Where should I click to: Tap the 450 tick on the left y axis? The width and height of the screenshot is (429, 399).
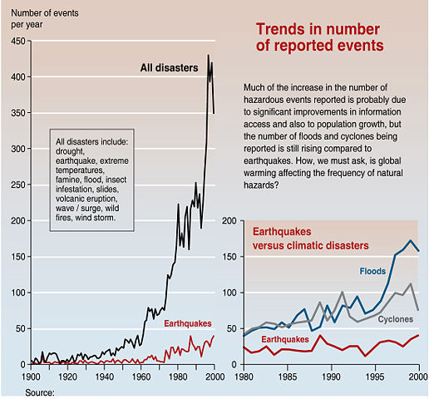16,42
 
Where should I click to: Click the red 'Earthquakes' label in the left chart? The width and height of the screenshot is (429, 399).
188,323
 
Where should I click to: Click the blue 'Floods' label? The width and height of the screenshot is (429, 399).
372,271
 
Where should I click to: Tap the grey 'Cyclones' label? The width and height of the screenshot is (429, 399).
397,318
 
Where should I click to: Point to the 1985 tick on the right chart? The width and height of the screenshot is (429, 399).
287,377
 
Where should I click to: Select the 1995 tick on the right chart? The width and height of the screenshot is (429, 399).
376,377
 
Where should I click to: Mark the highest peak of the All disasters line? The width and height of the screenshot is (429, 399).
208,56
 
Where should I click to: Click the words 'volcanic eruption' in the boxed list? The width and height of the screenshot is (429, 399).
91,199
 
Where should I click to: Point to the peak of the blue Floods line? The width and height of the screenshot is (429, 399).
411,241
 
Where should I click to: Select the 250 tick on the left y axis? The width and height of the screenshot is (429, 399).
16,185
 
